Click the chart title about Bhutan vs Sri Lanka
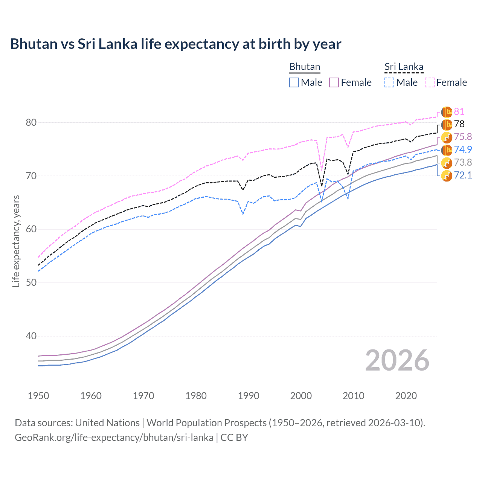tap(175, 44)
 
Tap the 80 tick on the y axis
tap(31, 123)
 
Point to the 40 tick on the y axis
tap(31, 336)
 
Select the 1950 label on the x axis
tap(38, 396)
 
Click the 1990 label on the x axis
tap(249, 396)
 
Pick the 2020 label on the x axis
tap(406, 396)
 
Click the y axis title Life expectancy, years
tap(16, 241)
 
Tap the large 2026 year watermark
tap(397, 360)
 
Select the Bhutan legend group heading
tap(304, 67)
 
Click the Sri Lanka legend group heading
tap(404, 67)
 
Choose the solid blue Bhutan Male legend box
tap(294, 82)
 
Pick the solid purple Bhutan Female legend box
tap(334, 82)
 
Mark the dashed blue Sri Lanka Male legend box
tap(390, 82)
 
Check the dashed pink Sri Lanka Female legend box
tap(430, 82)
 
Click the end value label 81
tap(459, 111)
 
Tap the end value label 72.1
tap(463, 175)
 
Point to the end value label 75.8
tap(463, 137)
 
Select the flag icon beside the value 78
tap(447, 124)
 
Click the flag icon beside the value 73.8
tap(447, 163)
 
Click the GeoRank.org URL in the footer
tap(114, 438)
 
